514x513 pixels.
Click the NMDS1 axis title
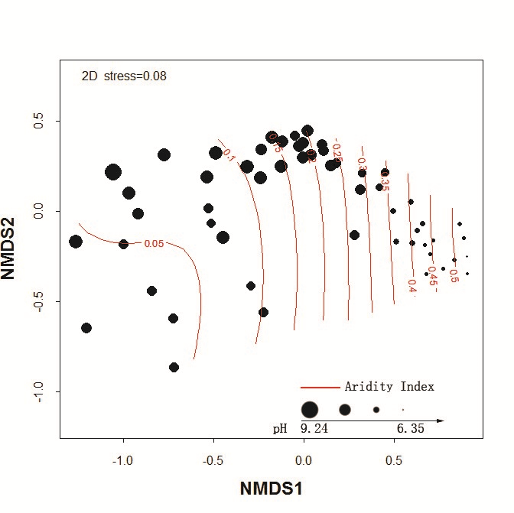point(272,488)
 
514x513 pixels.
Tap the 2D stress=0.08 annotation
point(124,76)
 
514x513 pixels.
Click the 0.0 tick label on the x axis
point(304,461)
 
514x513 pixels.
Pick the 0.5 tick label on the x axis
point(394,461)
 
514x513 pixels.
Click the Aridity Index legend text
point(389,387)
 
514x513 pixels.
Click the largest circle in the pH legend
point(309,410)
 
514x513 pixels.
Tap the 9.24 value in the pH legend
point(314,429)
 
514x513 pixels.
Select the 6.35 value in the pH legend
point(410,429)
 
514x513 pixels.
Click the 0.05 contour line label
point(154,244)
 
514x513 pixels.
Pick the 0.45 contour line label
point(433,274)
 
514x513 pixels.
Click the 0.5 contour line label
point(454,275)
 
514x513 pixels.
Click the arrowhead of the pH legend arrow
point(440,420)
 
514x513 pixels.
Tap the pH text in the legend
point(280,429)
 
